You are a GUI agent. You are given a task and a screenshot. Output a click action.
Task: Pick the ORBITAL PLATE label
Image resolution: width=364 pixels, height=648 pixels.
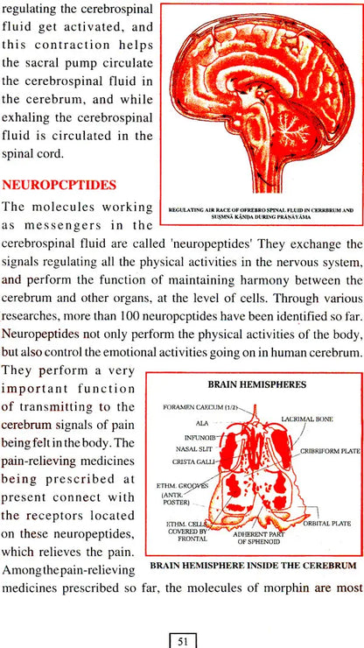[x=326, y=524]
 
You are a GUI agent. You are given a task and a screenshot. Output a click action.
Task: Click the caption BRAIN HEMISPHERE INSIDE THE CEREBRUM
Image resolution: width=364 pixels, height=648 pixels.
[x=254, y=567]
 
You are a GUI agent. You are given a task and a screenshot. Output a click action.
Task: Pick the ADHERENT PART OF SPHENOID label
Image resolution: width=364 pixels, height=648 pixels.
[x=258, y=536]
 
